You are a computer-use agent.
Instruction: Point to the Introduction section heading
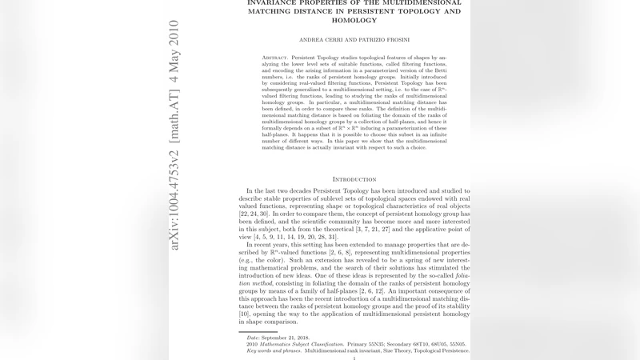click(x=355, y=179)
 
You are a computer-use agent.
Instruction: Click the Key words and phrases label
click(x=274, y=350)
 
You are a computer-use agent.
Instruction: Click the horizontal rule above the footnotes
click(x=258, y=331)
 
